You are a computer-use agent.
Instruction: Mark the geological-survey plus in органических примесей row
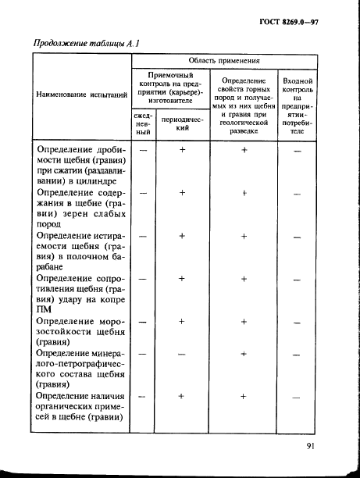pos(244,397)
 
